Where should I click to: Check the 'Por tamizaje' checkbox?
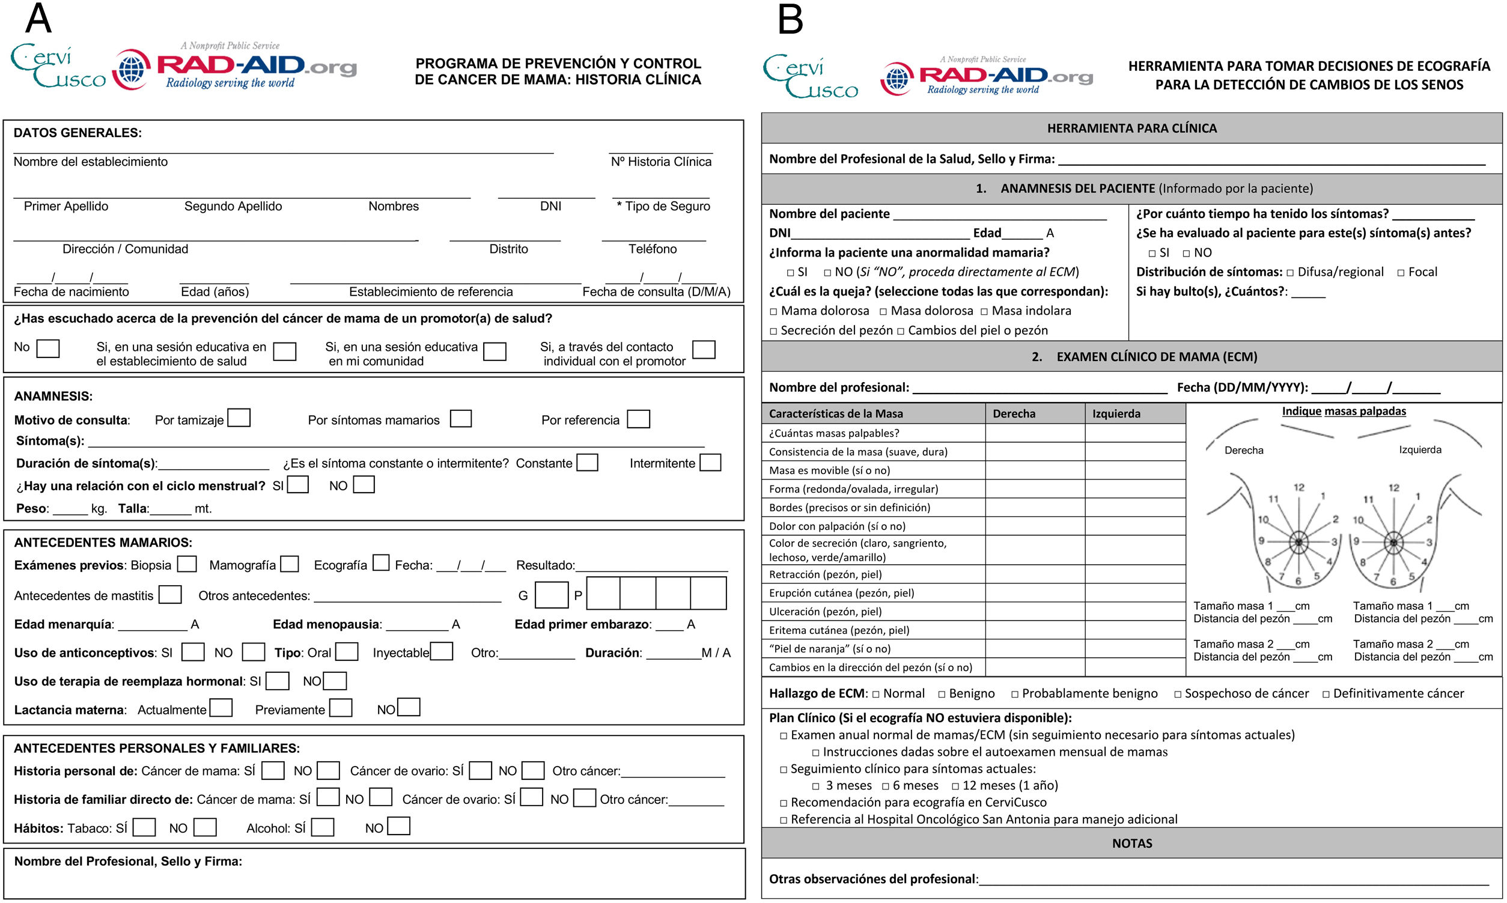click(x=239, y=418)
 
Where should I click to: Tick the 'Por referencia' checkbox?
click(x=638, y=419)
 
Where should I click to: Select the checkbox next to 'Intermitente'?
click(x=710, y=463)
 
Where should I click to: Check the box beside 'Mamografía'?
click(x=290, y=564)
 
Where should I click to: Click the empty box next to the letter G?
click(x=551, y=595)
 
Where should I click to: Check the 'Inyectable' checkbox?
click(x=442, y=652)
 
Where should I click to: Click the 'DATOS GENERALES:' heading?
click(x=78, y=133)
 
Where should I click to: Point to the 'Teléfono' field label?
click(x=652, y=249)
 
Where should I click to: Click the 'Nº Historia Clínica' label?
click(x=661, y=161)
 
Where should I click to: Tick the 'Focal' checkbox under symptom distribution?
click(x=1401, y=273)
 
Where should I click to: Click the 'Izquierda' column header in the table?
click(x=1116, y=414)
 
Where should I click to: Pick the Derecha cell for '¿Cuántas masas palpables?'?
click(x=1034, y=433)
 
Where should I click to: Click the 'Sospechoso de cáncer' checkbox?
click(x=1178, y=695)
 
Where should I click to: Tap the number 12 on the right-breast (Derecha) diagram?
click(x=1298, y=487)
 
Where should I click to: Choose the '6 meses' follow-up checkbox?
click(x=886, y=786)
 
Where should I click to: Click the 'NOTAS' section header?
click(x=1131, y=844)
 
